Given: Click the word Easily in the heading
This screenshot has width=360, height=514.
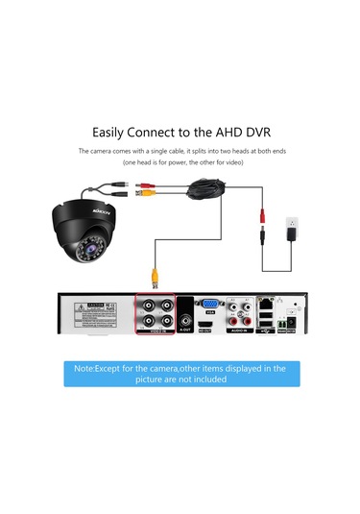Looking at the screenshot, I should pyautogui.click(x=112, y=132).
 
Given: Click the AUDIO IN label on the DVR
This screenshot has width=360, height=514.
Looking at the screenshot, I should pyautogui.click(x=235, y=337).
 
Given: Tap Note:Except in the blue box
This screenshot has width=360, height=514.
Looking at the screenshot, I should pyautogui.click(x=105, y=368).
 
